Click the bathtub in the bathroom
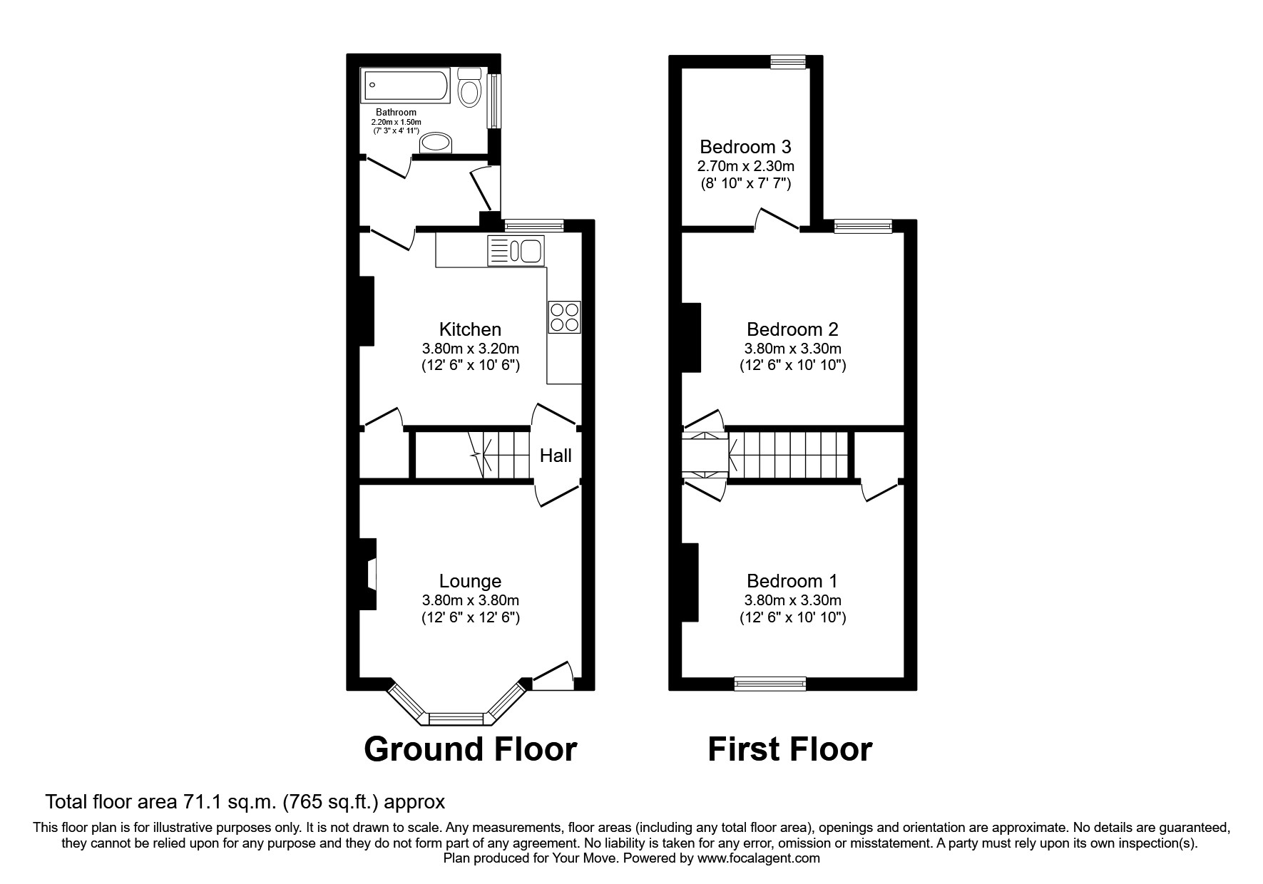[405, 86]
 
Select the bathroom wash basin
[436, 143]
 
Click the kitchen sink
[516, 251]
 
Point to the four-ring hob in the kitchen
[565, 317]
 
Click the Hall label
[555, 456]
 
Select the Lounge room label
[470, 581]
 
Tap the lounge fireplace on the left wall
[368, 573]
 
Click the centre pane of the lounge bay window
[457, 718]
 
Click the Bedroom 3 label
[745, 147]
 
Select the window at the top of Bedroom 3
[788, 63]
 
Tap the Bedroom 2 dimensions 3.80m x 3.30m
[792, 349]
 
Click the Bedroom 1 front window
[770, 684]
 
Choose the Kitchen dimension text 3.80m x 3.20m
[470, 349]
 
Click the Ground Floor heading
[470, 749]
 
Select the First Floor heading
[789, 749]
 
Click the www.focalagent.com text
[759, 858]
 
